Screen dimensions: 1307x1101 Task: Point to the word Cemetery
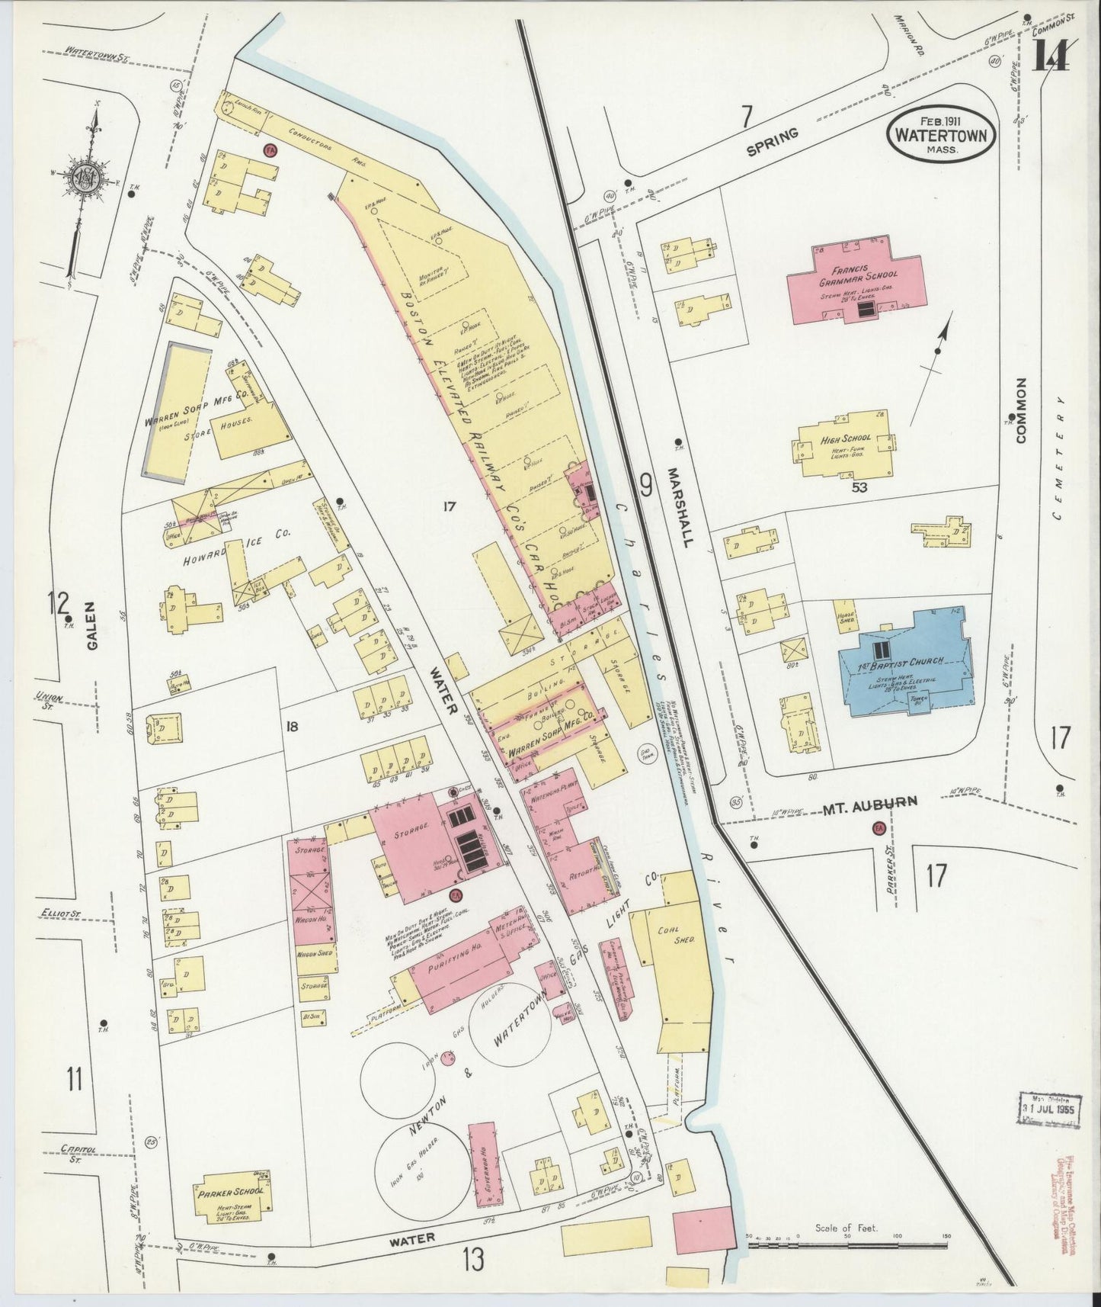[x=1060, y=458]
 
